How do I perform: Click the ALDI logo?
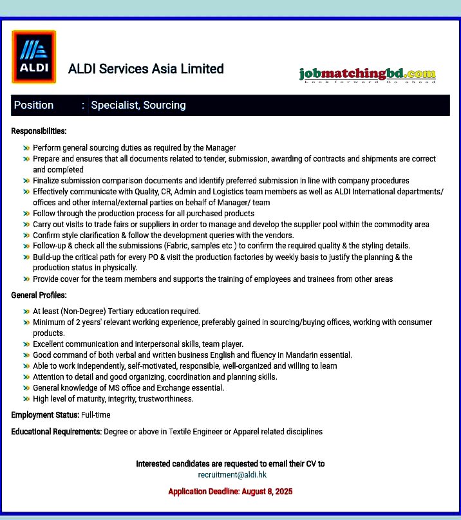[33, 57]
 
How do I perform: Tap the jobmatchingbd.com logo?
[367, 75]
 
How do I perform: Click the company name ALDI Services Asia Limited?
[146, 69]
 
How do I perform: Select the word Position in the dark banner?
[34, 105]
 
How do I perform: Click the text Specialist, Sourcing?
[138, 105]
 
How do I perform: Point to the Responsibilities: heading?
[39, 131]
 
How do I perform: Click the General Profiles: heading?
[39, 295]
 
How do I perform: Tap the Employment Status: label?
[45, 415]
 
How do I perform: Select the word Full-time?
[96, 415]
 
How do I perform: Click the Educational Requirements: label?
[57, 431]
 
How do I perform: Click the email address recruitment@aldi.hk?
[232, 475]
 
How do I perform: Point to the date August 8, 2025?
[267, 492]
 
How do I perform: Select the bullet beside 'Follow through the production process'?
[26, 214]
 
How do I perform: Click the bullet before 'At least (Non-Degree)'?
[26, 311]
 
